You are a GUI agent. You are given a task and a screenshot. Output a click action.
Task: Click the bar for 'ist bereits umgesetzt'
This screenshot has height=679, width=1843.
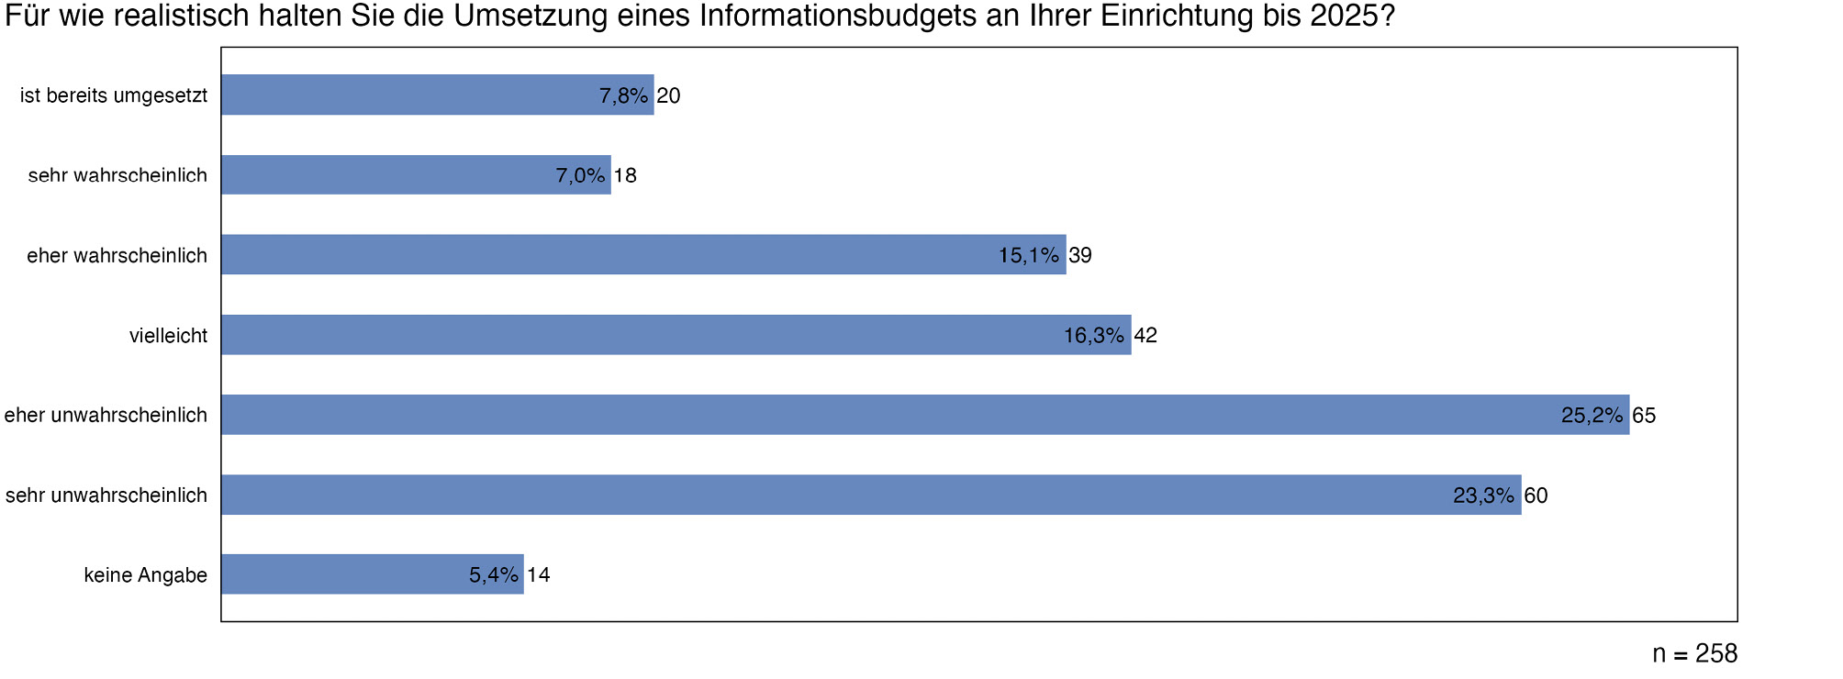click(x=437, y=95)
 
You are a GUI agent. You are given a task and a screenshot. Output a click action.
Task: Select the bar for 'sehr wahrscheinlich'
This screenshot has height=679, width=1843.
click(x=416, y=174)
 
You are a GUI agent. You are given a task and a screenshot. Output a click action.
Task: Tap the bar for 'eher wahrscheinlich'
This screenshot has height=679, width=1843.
click(x=642, y=254)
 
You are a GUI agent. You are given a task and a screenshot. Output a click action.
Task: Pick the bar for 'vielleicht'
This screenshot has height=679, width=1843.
click(x=676, y=335)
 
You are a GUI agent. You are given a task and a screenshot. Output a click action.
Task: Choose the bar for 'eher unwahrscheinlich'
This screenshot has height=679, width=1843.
click(x=924, y=415)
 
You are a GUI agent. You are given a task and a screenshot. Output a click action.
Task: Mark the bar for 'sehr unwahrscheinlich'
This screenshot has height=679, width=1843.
click(x=870, y=495)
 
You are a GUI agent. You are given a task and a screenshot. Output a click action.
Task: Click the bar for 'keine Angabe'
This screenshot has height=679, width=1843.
click(x=372, y=574)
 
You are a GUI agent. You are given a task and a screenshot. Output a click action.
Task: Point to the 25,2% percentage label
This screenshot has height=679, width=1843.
click(x=1592, y=416)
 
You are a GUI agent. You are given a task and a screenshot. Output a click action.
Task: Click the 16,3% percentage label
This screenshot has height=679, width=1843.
click(x=1094, y=336)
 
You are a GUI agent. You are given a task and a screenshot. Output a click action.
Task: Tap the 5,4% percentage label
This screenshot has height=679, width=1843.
click(x=494, y=575)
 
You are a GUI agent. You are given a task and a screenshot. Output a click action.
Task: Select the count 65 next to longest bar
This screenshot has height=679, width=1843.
click(x=1644, y=416)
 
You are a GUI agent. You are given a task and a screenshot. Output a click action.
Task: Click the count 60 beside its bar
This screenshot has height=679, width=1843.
click(x=1536, y=495)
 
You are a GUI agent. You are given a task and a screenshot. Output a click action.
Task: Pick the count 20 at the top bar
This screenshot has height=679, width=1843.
click(x=668, y=95)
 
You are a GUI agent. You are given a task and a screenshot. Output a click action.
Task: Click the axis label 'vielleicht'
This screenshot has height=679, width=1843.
click(x=168, y=336)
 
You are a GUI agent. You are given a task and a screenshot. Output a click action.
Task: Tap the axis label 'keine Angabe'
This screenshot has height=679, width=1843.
click(x=145, y=575)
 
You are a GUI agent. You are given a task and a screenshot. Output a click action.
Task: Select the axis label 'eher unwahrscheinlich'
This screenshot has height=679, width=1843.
click(x=106, y=416)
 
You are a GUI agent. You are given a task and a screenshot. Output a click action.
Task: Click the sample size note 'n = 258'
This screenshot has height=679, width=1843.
click(x=1694, y=653)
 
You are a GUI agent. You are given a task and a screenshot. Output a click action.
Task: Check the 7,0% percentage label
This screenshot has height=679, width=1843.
click(x=580, y=175)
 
